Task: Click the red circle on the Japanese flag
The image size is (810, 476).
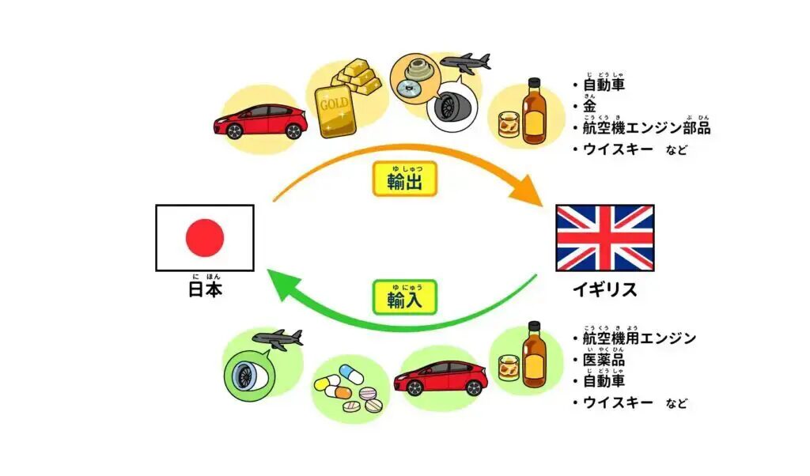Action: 205,238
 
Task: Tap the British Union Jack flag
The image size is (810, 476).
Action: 605,238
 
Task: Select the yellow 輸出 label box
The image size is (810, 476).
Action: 404,179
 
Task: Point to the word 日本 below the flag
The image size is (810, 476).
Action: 205,289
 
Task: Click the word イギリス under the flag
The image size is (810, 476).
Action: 605,289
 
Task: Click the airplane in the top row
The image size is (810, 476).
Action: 465,62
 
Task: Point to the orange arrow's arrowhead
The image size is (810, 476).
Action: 528,194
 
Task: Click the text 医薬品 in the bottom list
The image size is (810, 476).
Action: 604,360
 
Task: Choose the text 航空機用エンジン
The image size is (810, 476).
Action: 639,338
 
